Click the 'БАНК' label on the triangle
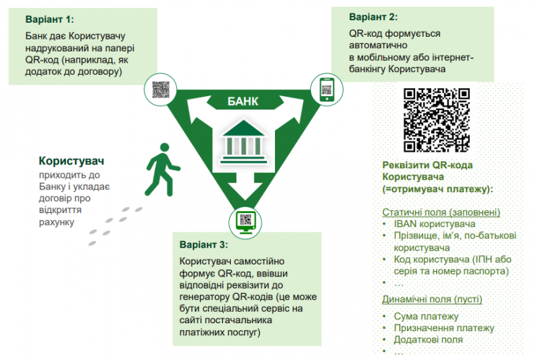click(x=242, y=102)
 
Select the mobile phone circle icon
click(x=326, y=89)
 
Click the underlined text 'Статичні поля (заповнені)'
click(x=441, y=212)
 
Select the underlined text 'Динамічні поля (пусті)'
click(x=432, y=299)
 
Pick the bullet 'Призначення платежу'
click(x=443, y=328)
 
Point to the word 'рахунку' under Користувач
click(x=55, y=221)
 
